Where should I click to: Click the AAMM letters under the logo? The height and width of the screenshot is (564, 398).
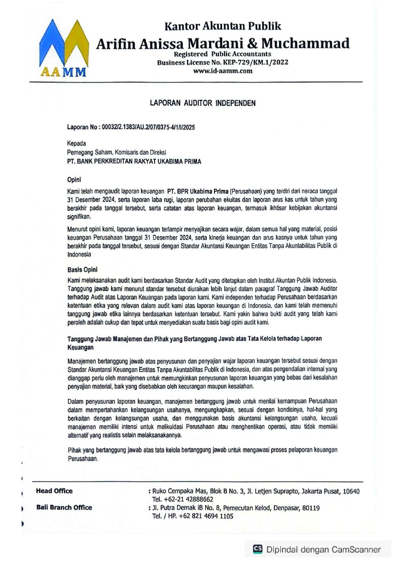point(63,72)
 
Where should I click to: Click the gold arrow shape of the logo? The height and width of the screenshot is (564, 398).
point(77,42)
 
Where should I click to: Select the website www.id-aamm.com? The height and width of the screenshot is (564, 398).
point(222,71)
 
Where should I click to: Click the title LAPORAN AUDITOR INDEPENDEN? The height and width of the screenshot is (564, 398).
point(203,103)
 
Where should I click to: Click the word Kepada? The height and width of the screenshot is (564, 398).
point(76,143)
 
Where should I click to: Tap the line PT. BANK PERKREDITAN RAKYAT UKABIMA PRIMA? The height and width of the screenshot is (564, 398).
point(134,162)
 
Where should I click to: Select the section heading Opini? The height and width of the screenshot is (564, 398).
point(74,179)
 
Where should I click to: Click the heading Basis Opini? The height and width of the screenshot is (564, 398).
point(82,270)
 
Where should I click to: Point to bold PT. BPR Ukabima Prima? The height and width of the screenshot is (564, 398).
point(198,192)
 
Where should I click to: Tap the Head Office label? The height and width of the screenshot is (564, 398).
point(54,491)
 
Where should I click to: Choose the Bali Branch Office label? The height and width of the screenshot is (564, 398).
point(64,507)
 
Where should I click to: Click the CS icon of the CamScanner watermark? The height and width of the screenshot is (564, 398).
point(258,549)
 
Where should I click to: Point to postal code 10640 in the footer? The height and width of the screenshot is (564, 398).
point(351,491)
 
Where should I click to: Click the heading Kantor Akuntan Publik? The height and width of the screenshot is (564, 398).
point(223,26)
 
